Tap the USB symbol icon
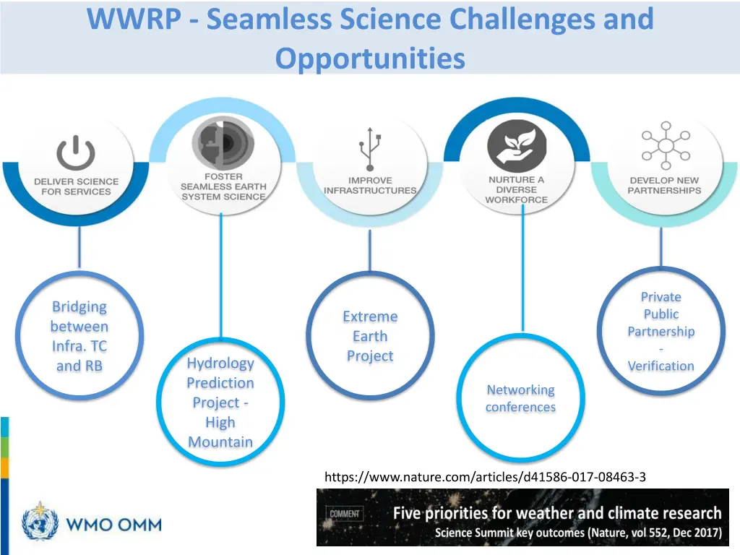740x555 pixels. pos(370,150)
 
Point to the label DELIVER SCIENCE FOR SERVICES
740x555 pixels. pos(76,186)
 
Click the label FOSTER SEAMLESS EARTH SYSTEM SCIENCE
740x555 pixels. pos(223,186)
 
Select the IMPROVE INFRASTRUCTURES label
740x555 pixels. pos(370,185)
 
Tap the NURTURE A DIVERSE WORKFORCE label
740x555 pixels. pos(517,189)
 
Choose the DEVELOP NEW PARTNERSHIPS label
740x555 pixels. pos(664,185)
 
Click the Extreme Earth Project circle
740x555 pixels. pos(370,336)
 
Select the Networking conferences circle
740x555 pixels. pos(520,398)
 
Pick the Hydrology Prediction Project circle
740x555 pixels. pos(220,402)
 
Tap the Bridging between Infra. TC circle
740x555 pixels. pos(79,336)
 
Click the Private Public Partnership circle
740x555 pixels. pos(661,331)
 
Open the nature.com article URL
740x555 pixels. pos(485,477)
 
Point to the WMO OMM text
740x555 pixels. pos(114,524)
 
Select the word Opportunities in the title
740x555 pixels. pos(370,58)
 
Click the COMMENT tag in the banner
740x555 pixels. pos(345,514)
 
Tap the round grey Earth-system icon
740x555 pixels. pos(223,142)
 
